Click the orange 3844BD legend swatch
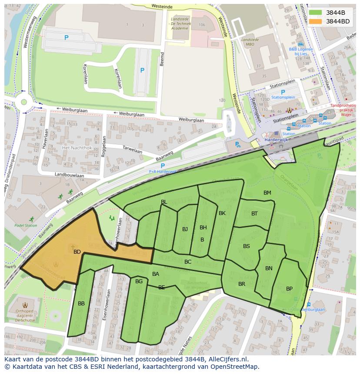pyautogui.click(x=316, y=21)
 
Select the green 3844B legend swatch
pyautogui.click(x=316, y=13)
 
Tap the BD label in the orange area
pyautogui.click(x=77, y=252)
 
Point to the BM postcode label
pyautogui.click(x=267, y=193)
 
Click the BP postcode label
pyautogui.click(x=289, y=289)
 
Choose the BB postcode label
pyautogui.click(x=81, y=304)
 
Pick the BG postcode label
pyautogui.click(x=139, y=281)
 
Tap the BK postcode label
pyautogui.click(x=222, y=213)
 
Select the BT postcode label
pyautogui.click(x=254, y=214)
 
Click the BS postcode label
pyautogui.click(x=247, y=246)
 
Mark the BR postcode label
pyautogui.click(x=242, y=284)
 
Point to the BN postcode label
pyautogui.click(x=269, y=268)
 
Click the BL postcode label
pyautogui.click(x=164, y=202)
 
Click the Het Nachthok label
pyautogui.click(x=77, y=148)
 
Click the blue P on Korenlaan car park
pyautogui.click(x=66, y=38)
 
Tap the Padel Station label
pyautogui.click(x=26, y=225)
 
